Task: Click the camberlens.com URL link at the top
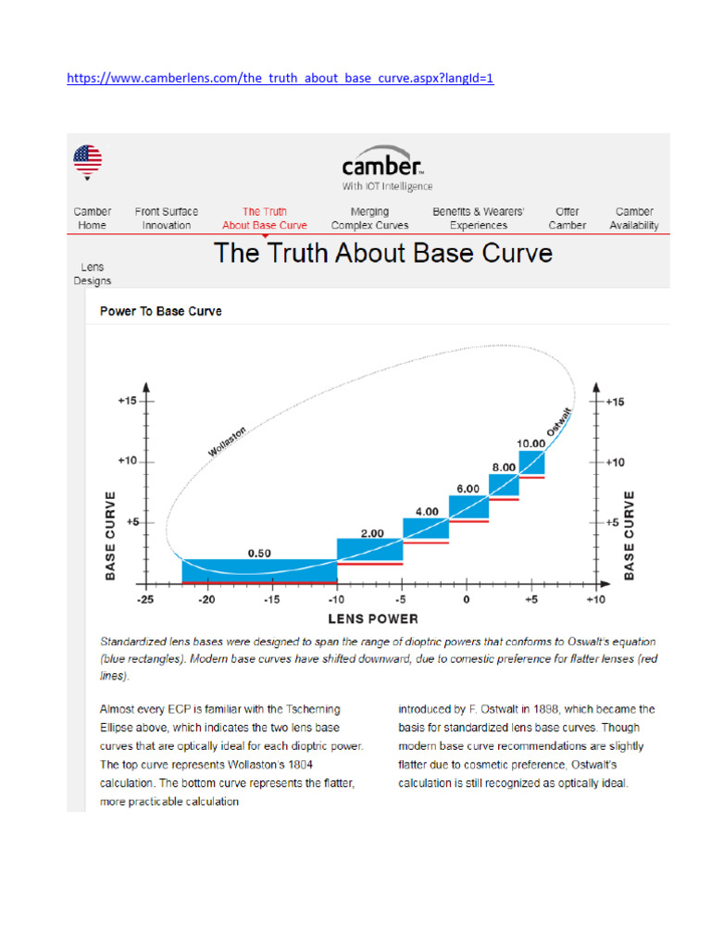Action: coord(281,79)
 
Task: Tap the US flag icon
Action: coord(88,159)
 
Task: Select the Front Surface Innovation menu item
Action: coord(167,218)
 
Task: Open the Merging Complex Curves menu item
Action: coord(369,218)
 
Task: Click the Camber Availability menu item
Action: coord(634,218)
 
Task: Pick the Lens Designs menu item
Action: coord(93,274)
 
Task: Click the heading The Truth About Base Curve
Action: coord(383,253)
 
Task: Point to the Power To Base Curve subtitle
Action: coord(160,311)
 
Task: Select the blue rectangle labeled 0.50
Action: coord(259,569)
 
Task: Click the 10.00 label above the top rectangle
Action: coord(530,443)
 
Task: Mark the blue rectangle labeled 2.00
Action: coord(369,549)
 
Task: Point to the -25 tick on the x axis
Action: coord(144,600)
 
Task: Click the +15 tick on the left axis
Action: coord(127,401)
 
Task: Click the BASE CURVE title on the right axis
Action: coord(630,535)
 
